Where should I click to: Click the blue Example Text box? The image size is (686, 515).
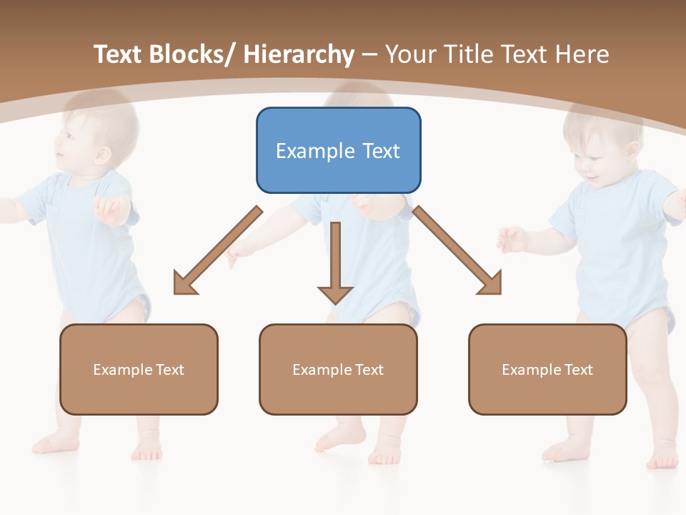click(x=338, y=150)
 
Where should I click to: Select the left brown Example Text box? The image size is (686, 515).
click(x=139, y=369)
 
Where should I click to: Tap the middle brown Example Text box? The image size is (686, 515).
click(x=338, y=369)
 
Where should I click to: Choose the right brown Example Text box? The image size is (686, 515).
click(x=547, y=369)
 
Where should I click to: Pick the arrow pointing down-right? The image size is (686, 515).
click(x=457, y=250)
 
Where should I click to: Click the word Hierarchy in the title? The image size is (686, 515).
click(x=299, y=54)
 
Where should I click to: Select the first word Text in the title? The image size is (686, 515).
click(x=119, y=54)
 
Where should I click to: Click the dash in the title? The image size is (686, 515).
click(x=369, y=56)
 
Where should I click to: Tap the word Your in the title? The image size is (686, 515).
click(x=409, y=54)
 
